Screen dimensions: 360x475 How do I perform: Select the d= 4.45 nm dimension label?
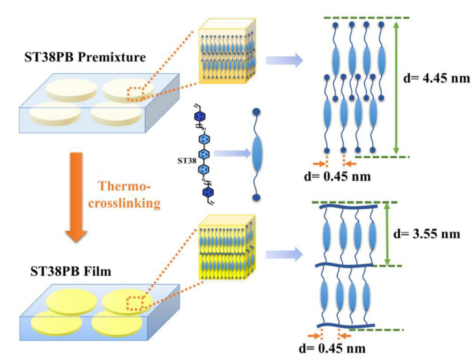[x=439, y=80]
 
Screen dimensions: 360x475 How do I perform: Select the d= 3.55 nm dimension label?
[x=439, y=233]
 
